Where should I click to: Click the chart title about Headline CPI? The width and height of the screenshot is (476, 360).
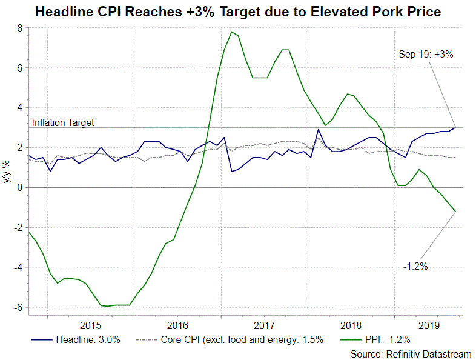coord(238,12)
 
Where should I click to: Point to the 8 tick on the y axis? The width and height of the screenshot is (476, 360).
coord(20,28)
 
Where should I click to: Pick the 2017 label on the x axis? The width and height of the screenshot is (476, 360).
coord(265,325)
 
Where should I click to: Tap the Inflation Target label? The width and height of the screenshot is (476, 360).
coord(63,122)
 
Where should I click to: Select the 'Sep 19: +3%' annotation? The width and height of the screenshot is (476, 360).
coord(426,54)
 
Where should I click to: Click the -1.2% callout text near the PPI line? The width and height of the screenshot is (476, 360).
coord(415,265)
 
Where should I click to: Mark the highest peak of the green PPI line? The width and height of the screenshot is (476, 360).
coord(232,32)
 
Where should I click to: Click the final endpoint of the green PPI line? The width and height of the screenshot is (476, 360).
coord(455,212)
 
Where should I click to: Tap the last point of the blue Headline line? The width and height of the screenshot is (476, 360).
coord(455,127)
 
